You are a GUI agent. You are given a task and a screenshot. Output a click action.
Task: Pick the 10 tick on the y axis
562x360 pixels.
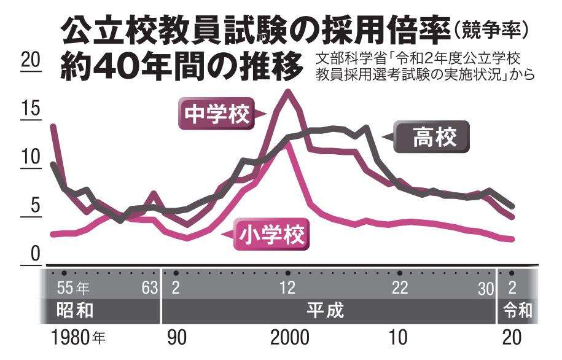coord(30,157)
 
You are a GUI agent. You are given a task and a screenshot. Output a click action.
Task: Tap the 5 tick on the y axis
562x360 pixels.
coord(34,206)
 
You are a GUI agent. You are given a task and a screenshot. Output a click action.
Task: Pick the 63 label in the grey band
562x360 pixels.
coord(150,288)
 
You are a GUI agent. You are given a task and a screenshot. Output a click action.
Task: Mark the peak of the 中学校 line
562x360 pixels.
coord(287,92)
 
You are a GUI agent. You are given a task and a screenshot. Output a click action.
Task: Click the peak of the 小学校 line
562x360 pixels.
coord(287,146)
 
